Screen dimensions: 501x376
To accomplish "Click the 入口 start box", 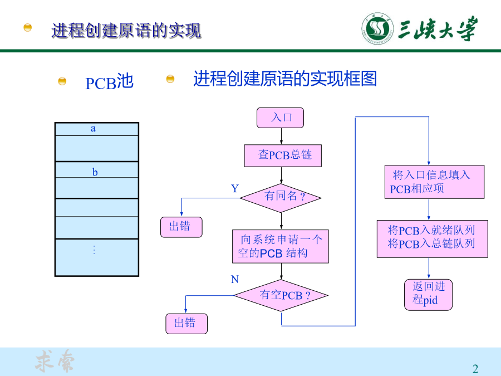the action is tap(280, 118).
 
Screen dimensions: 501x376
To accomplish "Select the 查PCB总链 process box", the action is tap(283, 155).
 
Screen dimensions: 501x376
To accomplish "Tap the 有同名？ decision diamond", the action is tap(281, 198).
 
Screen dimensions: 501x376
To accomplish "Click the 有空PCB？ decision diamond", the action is tap(281, 295).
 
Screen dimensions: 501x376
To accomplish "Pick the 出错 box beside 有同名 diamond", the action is tap(181, 227).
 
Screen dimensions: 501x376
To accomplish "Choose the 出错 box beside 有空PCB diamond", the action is tap(186, 324).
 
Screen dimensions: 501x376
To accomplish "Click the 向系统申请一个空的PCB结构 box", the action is tap(280, 246).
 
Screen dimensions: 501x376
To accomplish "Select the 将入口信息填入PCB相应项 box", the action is tap(434, 182).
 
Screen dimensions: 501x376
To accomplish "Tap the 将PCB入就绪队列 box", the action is tap(432, 238).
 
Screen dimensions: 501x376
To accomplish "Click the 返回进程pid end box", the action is tap(428, 295).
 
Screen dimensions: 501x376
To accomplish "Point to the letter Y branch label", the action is tap(235, 188).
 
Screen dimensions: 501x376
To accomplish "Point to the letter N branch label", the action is tap(235, 279).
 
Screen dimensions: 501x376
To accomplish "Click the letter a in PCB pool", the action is tap(93, 129).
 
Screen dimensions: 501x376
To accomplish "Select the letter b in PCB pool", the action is tap(95, 172).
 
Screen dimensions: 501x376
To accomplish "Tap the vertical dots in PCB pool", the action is tap(94, 250).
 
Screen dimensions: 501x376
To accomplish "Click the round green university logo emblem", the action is tap(377, 28).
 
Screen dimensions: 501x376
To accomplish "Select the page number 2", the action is tap(475, 369).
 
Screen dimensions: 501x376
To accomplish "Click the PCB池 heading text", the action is tap(109, 81).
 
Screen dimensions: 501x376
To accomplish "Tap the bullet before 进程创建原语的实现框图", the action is tap(170, 79).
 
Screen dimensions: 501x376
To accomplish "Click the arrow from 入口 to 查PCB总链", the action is tap(281, 136).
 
